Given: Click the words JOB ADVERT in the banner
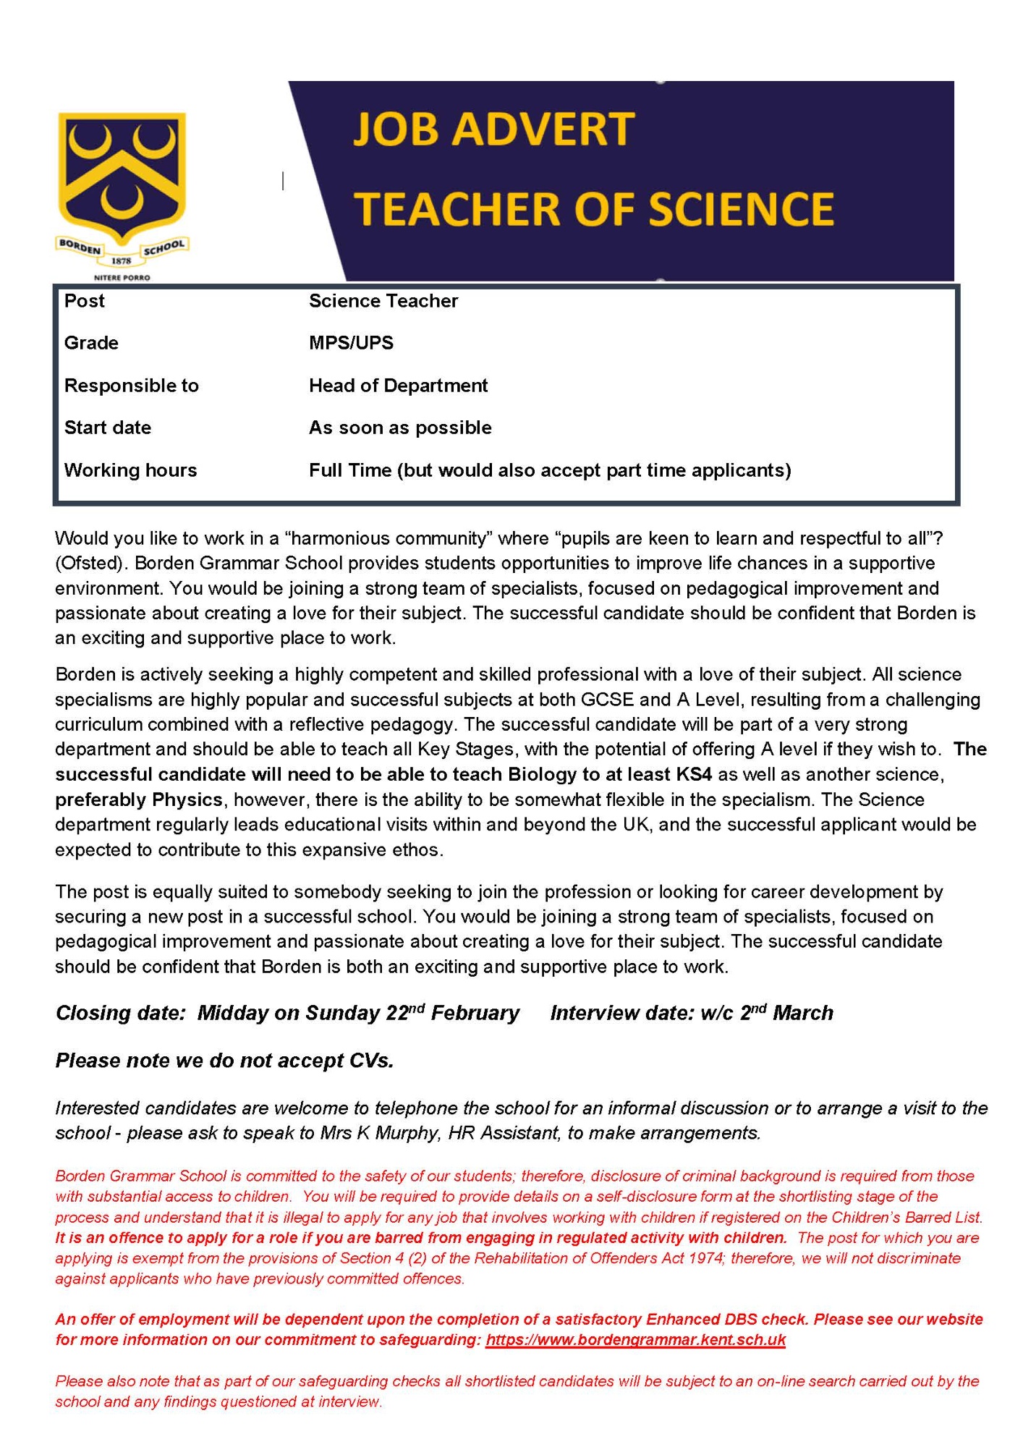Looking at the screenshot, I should [x=493, y=130].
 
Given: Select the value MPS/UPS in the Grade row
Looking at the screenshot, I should [x=351, y=343].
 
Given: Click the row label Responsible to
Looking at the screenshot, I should [x=131, y=386].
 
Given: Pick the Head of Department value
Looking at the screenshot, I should [x=398, y=386].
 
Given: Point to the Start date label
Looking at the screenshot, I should [x=107, y=428].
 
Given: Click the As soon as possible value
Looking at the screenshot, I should [x=400, y=428].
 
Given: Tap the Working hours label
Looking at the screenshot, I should [x=130, y=470].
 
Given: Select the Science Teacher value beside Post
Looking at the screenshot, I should [x=383, y=301].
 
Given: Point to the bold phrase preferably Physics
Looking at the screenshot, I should [x=139, y=799].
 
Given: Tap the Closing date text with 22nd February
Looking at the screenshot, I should [x=287, y=1013].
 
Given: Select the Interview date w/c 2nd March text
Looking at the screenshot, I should [x=691, y=1013].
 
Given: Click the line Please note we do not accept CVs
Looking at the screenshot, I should [x=224, y=1061].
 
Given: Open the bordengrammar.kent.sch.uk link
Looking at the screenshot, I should [x=635, y=1340].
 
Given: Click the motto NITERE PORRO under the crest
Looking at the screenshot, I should [x=122, y=278].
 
